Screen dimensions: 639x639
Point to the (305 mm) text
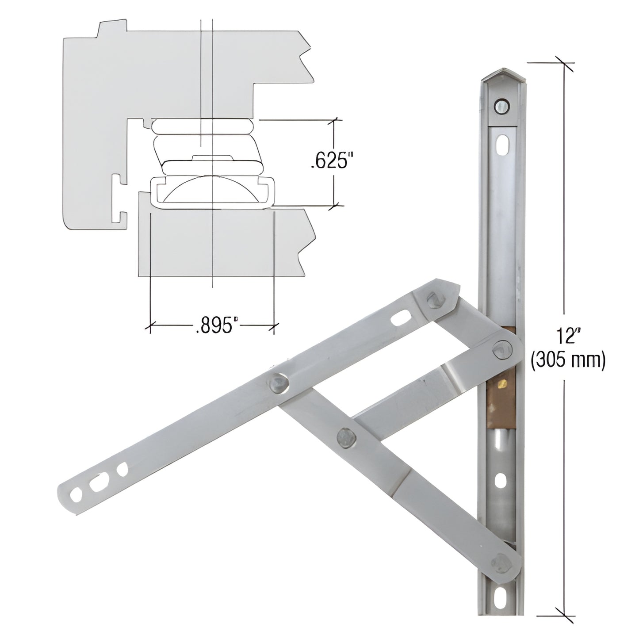click(x=568, y=361)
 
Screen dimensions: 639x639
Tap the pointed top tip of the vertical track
click(x=503, y=71)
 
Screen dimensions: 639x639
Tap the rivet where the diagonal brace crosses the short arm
click(x=344, y=436)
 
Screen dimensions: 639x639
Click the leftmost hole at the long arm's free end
click(x=77, y=494)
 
